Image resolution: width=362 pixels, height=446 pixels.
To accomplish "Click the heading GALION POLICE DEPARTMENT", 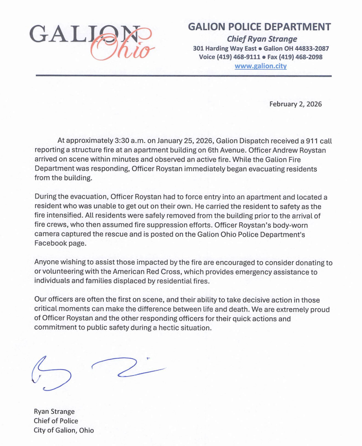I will click(x=259, y=27).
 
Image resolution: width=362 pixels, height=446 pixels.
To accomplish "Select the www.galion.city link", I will click(x=261, y=66).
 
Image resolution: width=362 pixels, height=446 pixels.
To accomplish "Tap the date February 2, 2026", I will click(x=296, y=104).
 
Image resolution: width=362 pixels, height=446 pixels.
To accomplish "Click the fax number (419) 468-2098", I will click(x=302, y=57).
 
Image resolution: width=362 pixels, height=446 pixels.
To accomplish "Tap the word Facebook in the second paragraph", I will click(x=52, y=243).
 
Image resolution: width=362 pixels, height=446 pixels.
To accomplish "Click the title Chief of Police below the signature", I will click(x=56, y=421).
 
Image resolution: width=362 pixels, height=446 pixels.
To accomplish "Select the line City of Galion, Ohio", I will click(x=63, y=430).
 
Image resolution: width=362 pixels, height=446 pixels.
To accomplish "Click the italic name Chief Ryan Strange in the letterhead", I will click(x=262, y=39).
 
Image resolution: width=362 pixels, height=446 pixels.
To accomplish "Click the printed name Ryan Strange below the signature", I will click(x=54, y=411).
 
